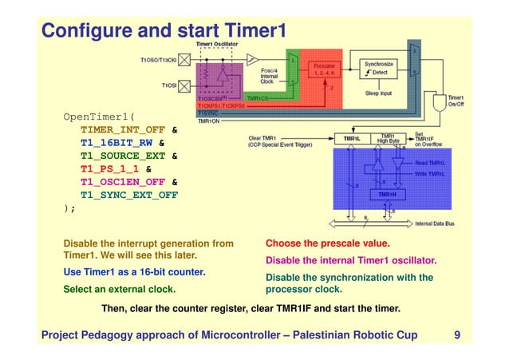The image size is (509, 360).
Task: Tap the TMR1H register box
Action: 387,194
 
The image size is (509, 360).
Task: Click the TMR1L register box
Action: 351,138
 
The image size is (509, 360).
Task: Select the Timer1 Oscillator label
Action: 215,42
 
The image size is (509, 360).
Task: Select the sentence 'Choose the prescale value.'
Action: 327,243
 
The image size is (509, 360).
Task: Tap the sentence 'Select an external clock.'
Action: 119,290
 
